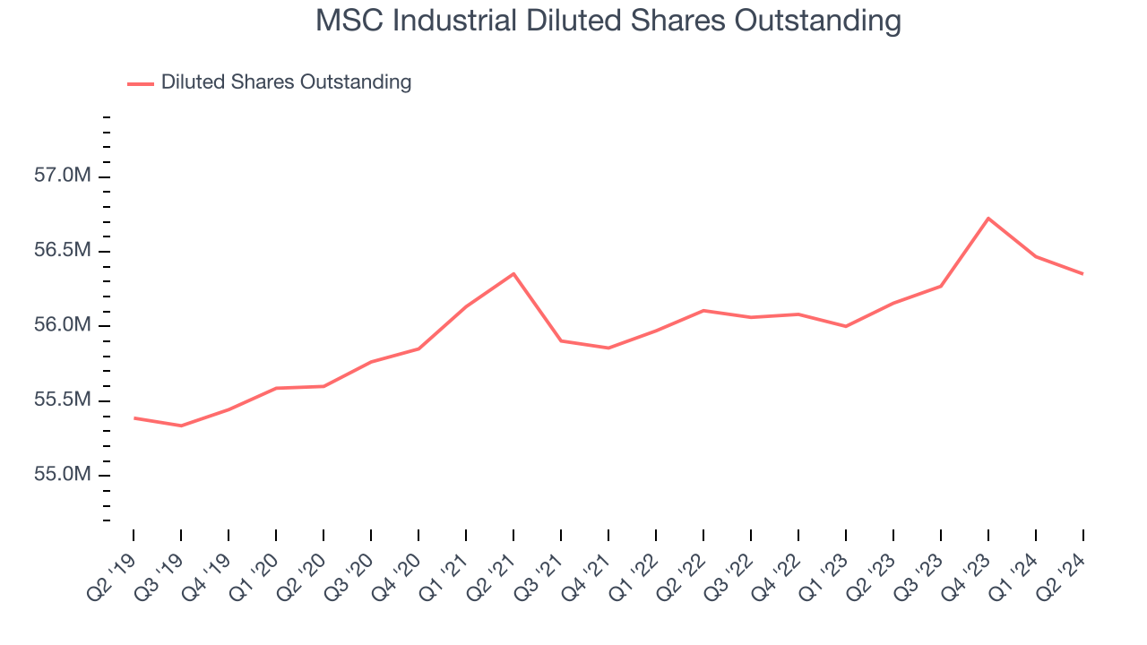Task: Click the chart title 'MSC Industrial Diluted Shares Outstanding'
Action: pos(608,21)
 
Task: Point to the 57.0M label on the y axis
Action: pos(63,176)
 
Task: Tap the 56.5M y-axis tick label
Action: pos(63,251)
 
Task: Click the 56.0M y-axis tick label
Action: pos(63,325)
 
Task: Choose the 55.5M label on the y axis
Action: pos(63,400)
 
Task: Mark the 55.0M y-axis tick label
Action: pos(63,474)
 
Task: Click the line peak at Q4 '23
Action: pos(987,218)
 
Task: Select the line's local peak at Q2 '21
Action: pos(513,273)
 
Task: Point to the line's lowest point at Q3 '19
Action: pos(181,426)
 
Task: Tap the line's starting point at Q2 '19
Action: pos(134,417)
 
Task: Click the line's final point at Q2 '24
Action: pos(1082,273)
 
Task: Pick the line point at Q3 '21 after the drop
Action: pos(561,340)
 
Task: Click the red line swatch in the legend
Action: pos(141,83)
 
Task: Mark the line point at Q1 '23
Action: pos(845,326)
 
